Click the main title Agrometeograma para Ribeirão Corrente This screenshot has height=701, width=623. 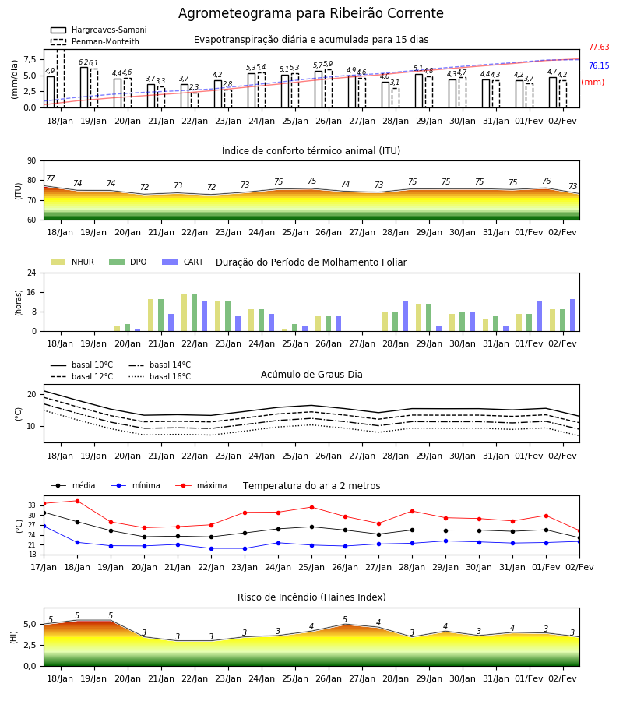[311, 13]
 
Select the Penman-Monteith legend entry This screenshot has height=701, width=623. [95, 41]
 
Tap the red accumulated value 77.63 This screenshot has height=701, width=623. [599, 47]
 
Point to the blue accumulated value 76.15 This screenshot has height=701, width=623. [599, 65]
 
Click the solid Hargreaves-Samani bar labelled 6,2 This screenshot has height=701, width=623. [84, 87]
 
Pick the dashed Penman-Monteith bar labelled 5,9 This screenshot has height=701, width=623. [329, 89]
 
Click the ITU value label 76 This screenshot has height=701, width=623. [546, 181]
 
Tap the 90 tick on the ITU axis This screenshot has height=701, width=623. [32, 161]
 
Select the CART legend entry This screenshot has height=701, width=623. [183, 262]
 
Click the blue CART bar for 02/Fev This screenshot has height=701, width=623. [573, 315]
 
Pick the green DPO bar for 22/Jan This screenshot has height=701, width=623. [195, 313]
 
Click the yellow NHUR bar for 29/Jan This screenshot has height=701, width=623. [419, 318]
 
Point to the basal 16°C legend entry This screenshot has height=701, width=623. [160, 376]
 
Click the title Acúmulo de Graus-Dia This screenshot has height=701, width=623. [311, 375]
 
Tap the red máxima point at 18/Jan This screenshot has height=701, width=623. [77, 501]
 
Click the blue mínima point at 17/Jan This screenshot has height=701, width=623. [44, 527]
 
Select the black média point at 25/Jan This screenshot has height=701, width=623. [312, 527]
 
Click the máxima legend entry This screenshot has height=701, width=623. [201, 485]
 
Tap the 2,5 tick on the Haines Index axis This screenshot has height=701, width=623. [30, 645]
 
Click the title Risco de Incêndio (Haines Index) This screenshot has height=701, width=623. [311, 597]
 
